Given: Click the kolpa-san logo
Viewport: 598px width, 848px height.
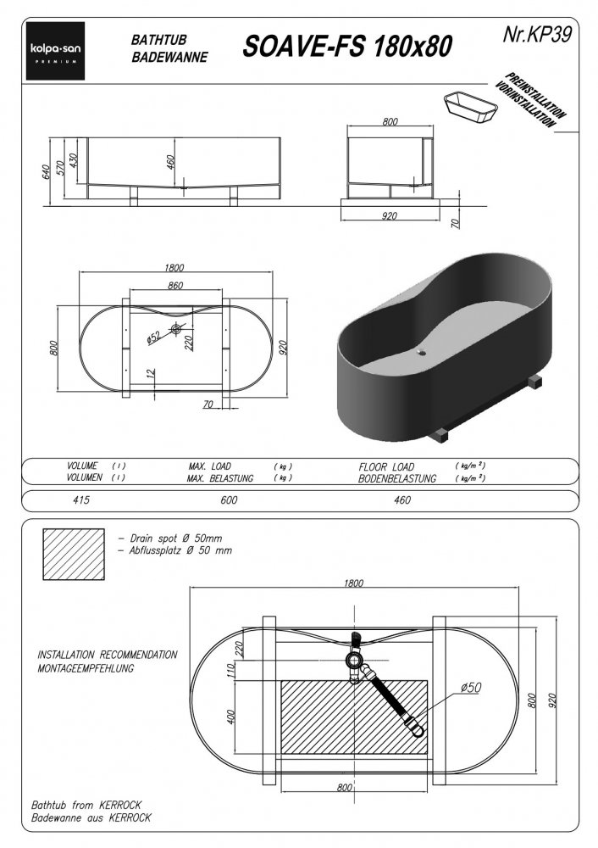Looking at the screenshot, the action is tap(56, 51).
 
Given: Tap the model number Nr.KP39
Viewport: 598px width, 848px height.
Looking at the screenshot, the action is tap(536, 35).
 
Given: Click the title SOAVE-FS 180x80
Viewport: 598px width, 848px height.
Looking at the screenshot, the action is tap(346, 47).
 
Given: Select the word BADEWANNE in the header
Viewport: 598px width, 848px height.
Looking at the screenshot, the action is tap(169, 58).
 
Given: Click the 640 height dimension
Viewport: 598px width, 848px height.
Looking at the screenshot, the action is tap(47, 171).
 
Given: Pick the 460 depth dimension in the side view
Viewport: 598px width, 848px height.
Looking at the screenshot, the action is tap(170, 162).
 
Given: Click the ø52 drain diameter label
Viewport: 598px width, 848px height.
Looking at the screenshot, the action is tap(154, 337).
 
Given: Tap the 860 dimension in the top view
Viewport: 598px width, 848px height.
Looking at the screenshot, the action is tap(175, 286).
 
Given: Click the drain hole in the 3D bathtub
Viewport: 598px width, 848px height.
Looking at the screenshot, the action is tap(421, 353).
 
